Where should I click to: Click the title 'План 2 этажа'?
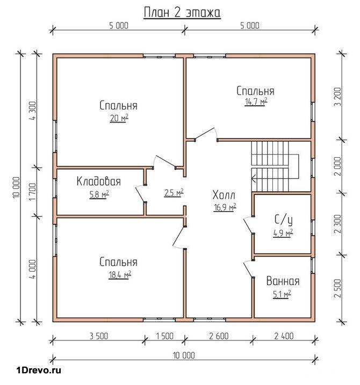[182, 13]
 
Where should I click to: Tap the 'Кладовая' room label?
[98, 181]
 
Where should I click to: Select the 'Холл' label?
[224, 195]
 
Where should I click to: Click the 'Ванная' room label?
[283, 281]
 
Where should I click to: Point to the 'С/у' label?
[283, 220]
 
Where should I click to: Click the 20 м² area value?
[119, 118]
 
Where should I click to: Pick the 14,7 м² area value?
[256, 101]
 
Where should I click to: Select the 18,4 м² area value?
[119, 274]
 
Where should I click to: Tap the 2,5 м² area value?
[174, 193]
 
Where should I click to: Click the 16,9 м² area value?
[225, 207]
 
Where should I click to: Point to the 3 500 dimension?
[98, 336]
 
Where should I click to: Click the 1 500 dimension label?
[164, 336]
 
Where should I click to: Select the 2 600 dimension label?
[219, 336]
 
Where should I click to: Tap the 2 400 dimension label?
[284, 336]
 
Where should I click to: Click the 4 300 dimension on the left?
[33, 111]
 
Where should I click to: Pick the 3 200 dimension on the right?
[337, 96]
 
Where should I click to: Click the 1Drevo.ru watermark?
[39, 370]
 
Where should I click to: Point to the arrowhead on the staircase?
[254, 178]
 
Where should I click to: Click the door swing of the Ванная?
[248, 270]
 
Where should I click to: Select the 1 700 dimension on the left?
[33, 192]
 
